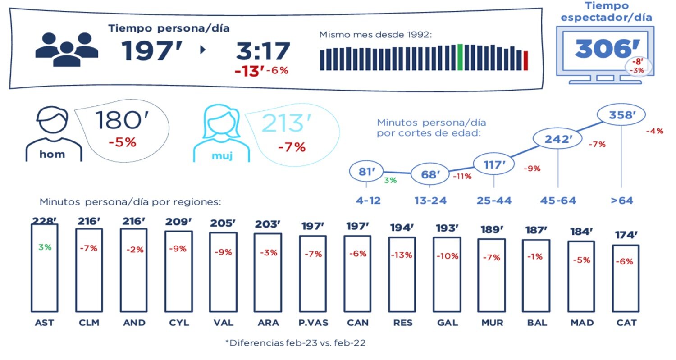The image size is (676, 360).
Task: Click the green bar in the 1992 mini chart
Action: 460,57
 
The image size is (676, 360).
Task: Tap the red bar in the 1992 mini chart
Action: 525,61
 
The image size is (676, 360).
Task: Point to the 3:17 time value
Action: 263,51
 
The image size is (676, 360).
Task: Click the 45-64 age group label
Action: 558,201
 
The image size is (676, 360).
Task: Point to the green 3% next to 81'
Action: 390,181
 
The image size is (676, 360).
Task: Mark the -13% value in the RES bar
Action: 402,255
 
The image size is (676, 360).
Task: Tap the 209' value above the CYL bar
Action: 178,222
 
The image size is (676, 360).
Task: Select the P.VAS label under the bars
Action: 313,323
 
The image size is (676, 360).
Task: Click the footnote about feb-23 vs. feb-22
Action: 295,343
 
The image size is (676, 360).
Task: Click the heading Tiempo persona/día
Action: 169,28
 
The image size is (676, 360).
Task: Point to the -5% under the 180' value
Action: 122,142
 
